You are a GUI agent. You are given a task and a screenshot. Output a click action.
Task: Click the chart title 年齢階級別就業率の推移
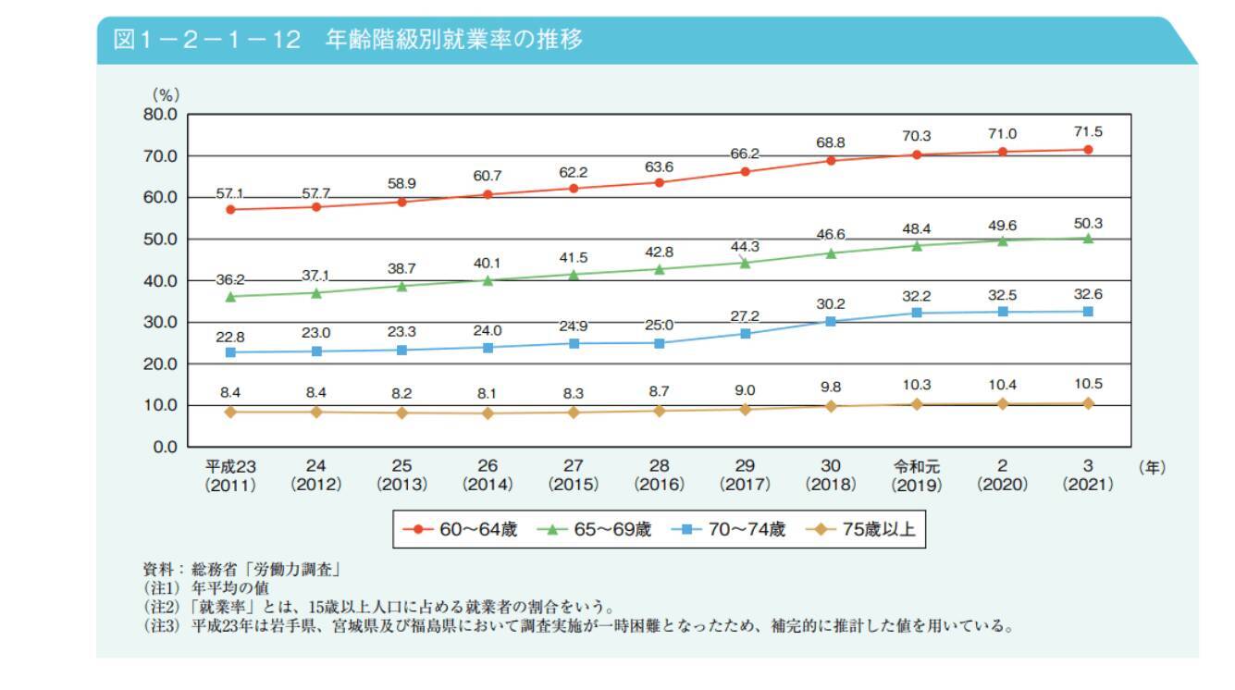click(453, 40)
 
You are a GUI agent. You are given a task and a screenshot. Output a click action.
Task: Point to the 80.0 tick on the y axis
click(159, 115)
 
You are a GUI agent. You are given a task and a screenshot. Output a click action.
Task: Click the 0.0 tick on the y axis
click(164, 447)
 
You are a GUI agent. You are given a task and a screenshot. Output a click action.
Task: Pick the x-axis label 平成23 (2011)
click(230, 475)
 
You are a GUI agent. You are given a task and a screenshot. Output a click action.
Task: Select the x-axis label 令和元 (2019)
click(916, 475)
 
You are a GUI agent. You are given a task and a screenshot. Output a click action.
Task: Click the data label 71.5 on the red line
click(1088, 132)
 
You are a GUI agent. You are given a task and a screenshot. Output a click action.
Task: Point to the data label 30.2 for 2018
click(831, 303)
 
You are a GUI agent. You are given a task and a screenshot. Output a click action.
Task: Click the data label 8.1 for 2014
click(488, 393)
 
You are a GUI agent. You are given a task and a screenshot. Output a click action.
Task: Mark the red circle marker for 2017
click(745, 171)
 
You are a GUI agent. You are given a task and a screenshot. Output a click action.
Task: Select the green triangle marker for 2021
click(1088, 238)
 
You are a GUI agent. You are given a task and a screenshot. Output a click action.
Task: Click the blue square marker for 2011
click(230, 352)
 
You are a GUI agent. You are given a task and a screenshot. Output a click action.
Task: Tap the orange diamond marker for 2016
click(659, 411)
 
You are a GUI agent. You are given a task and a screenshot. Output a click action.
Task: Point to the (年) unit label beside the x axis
click(1152, 467)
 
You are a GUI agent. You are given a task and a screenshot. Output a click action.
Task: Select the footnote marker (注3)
click(162, 626)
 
